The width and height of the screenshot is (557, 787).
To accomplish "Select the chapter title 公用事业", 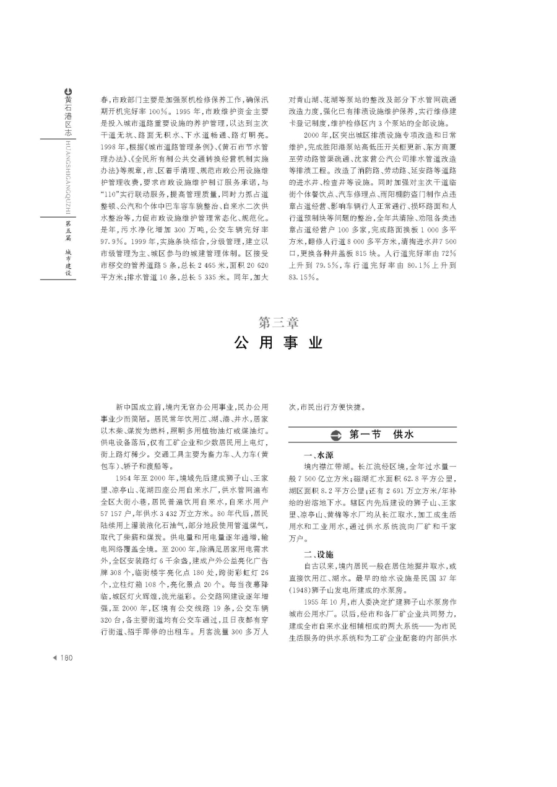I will tap(278, 343).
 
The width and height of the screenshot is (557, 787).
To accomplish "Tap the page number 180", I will tap(66, 657).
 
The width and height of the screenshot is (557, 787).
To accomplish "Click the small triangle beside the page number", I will tap(54, 657).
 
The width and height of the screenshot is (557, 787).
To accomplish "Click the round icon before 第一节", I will tap(335, 435).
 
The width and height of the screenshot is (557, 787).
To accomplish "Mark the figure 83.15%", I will tap(304, 278).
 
